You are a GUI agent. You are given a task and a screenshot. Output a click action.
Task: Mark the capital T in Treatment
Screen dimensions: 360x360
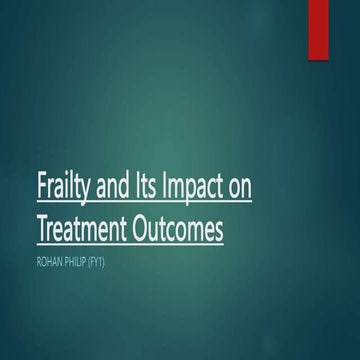[68, 230]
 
